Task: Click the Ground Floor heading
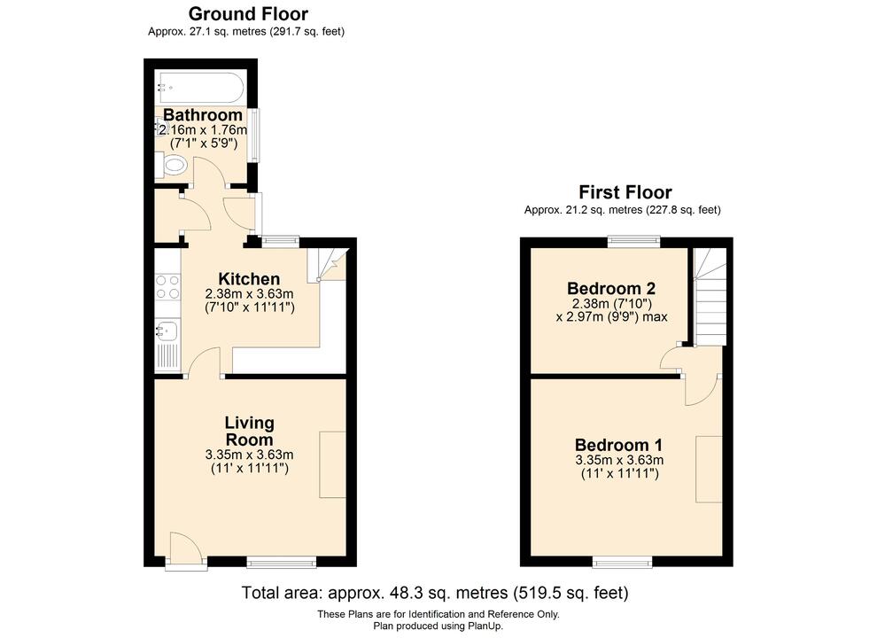click(248, 14)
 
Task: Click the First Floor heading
click(625, 192)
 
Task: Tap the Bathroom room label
click(203, 115)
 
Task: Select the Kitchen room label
click(249, 279)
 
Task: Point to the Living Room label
click(249, 432)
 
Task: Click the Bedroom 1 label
click(619, 445)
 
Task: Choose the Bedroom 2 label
click(611, 288)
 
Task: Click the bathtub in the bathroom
click(199, 87)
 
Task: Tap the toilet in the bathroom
click(173, 166)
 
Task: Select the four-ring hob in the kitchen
click(167, 286)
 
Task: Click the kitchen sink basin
click(167, 332)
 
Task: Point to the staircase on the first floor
click(710, 297)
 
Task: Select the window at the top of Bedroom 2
click(633, 239)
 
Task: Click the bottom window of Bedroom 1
click(619, 562)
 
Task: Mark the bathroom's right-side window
click(254, 135)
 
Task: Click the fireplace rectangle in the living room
click(334, 464)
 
